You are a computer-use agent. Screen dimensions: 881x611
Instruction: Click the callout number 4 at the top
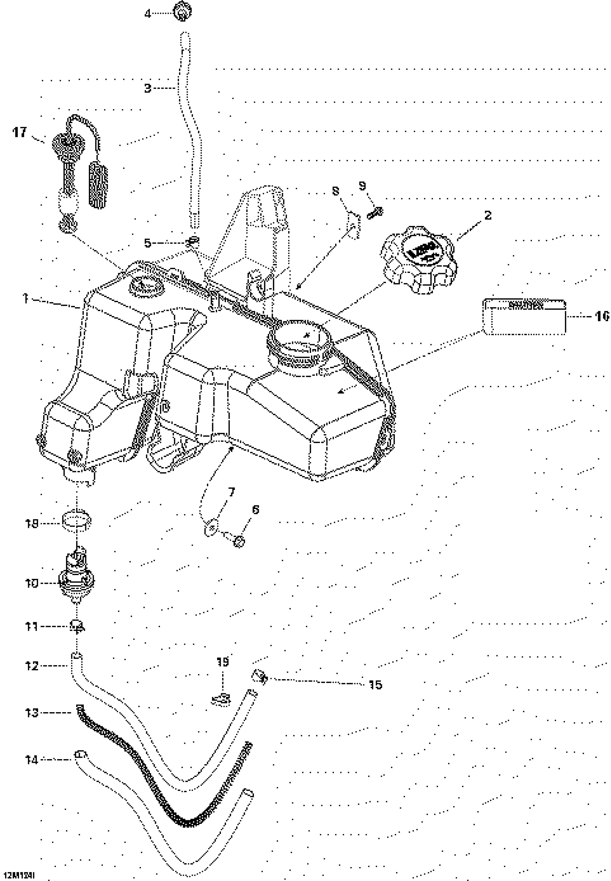pyautogui.click(x=148, y=14)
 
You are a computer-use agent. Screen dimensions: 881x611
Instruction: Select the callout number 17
pyautogui.click(x=20, y=133)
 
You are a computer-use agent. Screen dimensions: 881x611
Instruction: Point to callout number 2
pyautogui.click(x=487, y=215)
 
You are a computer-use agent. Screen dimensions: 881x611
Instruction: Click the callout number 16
pyautogui.click(x=601, y=316)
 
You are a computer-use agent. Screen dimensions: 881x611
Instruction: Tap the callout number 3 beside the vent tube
pyautogui.click(x=148, y=88)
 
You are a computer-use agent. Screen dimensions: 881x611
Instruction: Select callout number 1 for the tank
pyautogui.click(x=26, y=298)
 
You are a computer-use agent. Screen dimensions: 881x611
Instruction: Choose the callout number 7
pyautogui.click(x=231, y=492)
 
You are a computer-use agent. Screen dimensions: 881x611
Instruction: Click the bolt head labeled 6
pyautogui.click(x=239, y=541)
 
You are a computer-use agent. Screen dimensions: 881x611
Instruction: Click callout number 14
pyautogui.click(x=32, y=759)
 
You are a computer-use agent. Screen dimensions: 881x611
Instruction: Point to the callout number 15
pyautogui.click(x=376, y=684)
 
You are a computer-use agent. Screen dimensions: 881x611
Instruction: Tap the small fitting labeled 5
pyautogui.click(x=193, y=241)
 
